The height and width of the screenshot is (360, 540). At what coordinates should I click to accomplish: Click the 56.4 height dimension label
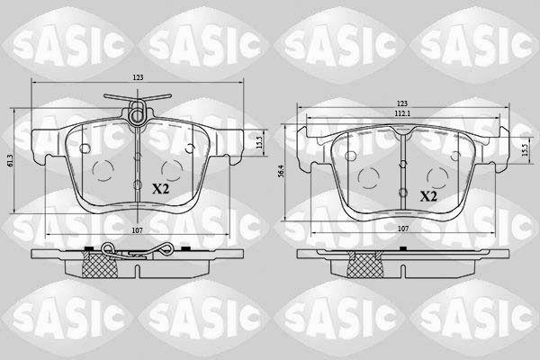(x=282, y=171)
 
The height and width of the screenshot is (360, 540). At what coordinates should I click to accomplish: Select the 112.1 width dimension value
(x=403, y=113)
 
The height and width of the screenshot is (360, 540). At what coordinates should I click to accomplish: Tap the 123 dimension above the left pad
(x=138, y=78)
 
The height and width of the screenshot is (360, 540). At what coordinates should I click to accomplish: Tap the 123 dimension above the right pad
(x=402, y=103)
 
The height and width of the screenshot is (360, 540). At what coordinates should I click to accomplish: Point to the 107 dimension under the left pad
(x=138, y=230)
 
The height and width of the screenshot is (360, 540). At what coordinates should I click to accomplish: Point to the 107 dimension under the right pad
(x=403, y=229)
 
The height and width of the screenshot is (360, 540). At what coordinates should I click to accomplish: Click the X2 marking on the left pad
(x=161, y=189)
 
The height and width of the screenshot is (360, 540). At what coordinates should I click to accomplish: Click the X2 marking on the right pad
(x=428, y=196)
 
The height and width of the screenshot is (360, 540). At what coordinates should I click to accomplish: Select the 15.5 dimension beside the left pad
(x=260, y=142)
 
